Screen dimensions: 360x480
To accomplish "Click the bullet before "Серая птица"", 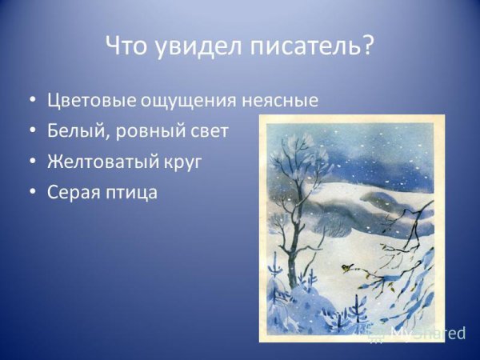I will tap(31, 192).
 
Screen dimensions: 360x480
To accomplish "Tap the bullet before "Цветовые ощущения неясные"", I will tap(31, 101).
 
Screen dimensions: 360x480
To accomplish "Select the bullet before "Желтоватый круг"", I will tap(31, 162).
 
